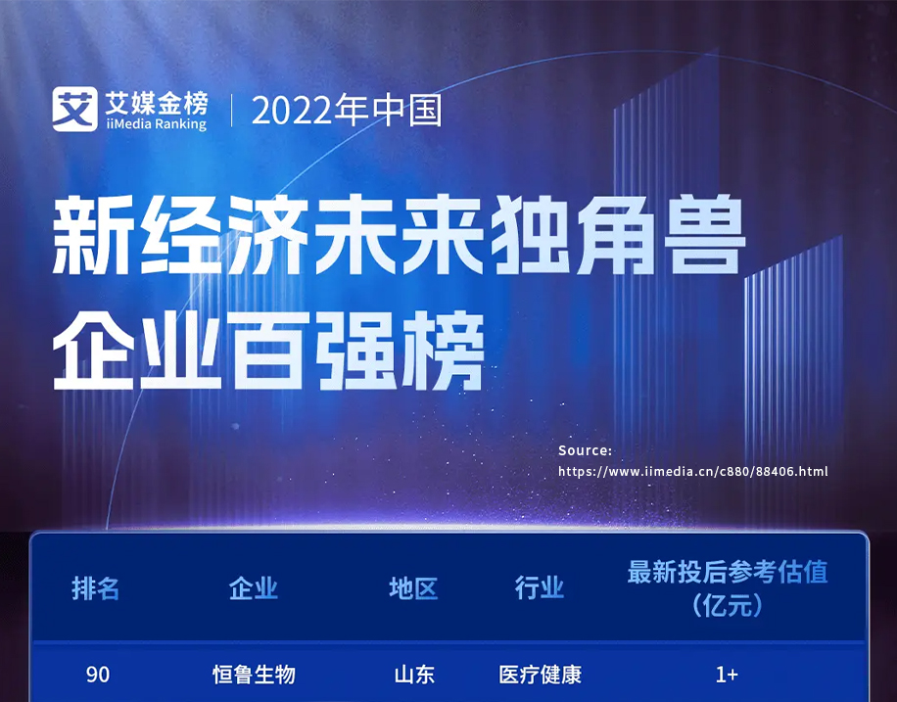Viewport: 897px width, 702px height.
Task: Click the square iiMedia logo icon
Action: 74,109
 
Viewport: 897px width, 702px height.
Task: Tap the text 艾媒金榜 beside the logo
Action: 156,103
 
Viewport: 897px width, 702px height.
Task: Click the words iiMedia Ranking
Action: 156,124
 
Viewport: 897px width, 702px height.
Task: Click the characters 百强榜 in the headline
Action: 358,351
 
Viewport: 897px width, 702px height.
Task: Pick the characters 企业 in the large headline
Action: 137,351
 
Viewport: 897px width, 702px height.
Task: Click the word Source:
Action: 585,450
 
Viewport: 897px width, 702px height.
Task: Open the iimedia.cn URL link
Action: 692,472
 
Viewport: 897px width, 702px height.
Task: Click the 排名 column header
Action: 96,588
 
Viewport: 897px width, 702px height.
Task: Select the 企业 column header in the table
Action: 254,588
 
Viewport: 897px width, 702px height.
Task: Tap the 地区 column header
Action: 413,588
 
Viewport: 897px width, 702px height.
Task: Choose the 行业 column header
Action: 540,588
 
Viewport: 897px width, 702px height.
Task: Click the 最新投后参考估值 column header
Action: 727,572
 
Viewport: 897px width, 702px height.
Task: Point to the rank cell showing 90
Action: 98,675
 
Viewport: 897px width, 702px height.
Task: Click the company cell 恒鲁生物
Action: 254,675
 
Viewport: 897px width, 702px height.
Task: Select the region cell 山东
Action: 414,675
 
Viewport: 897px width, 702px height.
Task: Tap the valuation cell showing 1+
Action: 727,675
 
